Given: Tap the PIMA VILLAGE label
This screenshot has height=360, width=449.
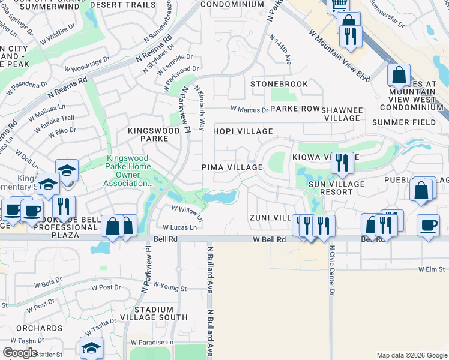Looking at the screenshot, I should pos(232,167).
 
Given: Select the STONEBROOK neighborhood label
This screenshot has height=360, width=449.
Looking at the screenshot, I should pos(279,84).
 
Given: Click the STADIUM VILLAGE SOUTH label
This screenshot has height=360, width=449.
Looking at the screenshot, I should pos(154,313).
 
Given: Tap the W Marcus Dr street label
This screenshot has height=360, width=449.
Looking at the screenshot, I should pos(250,110).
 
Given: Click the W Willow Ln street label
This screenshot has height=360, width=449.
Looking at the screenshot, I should pos(187,211).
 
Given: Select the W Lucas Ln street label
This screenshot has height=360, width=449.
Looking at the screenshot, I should pos(180,228).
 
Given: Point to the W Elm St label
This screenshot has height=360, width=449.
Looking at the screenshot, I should pos(433,270).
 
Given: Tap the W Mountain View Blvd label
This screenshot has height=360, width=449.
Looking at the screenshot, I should pos(339,57).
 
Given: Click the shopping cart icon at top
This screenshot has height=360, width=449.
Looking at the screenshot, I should pos(338,5).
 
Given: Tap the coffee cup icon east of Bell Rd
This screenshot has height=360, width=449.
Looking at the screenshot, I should pos(428,226).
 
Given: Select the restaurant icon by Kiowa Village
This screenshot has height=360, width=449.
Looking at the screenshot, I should pos(342,162).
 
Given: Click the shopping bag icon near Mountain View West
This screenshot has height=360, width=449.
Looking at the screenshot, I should pos(399,76).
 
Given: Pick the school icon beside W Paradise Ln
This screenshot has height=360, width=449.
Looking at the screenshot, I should pos(91,348).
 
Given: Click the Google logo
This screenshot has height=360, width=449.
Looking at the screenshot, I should pos(20,353).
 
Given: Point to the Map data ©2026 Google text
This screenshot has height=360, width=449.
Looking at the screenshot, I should pos(412,355).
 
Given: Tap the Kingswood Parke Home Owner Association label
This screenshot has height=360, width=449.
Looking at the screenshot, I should pos(128,171).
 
